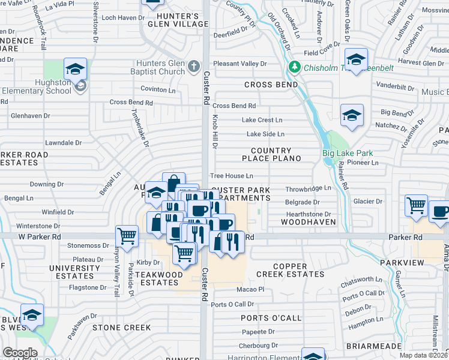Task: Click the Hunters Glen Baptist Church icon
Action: point(194,66)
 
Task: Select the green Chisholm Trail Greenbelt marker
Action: point(294,66)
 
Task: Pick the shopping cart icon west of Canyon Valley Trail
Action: point(127,236)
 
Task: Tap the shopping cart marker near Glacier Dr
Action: point(415,206)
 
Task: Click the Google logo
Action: point(20,353)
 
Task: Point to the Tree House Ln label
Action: point(231,176)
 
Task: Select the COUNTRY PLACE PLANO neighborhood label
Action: point(271,154)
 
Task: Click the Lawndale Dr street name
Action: point(63,143)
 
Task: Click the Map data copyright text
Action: point(423,355)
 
